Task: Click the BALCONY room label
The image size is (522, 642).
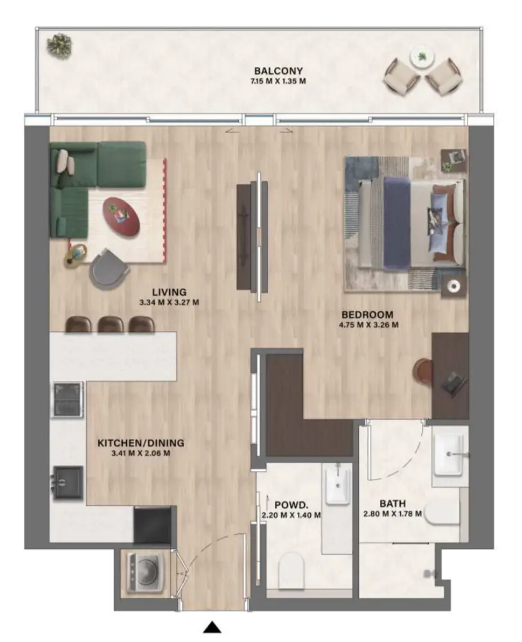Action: [x=278, y=71]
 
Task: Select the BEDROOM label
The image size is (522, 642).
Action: [x=367, y=315]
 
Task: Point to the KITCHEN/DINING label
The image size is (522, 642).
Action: [x=141, y=443]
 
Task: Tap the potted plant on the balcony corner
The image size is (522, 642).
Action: [x=59, y=45]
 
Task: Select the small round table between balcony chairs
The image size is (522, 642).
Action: [x=421, y=57]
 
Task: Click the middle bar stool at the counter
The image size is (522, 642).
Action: [x=110, y=325]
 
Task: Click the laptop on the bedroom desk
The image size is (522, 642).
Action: [x=453, y=383]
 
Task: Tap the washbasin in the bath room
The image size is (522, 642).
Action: [x=449, y=453]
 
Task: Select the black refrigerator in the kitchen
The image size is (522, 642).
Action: [x=152, y=524]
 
